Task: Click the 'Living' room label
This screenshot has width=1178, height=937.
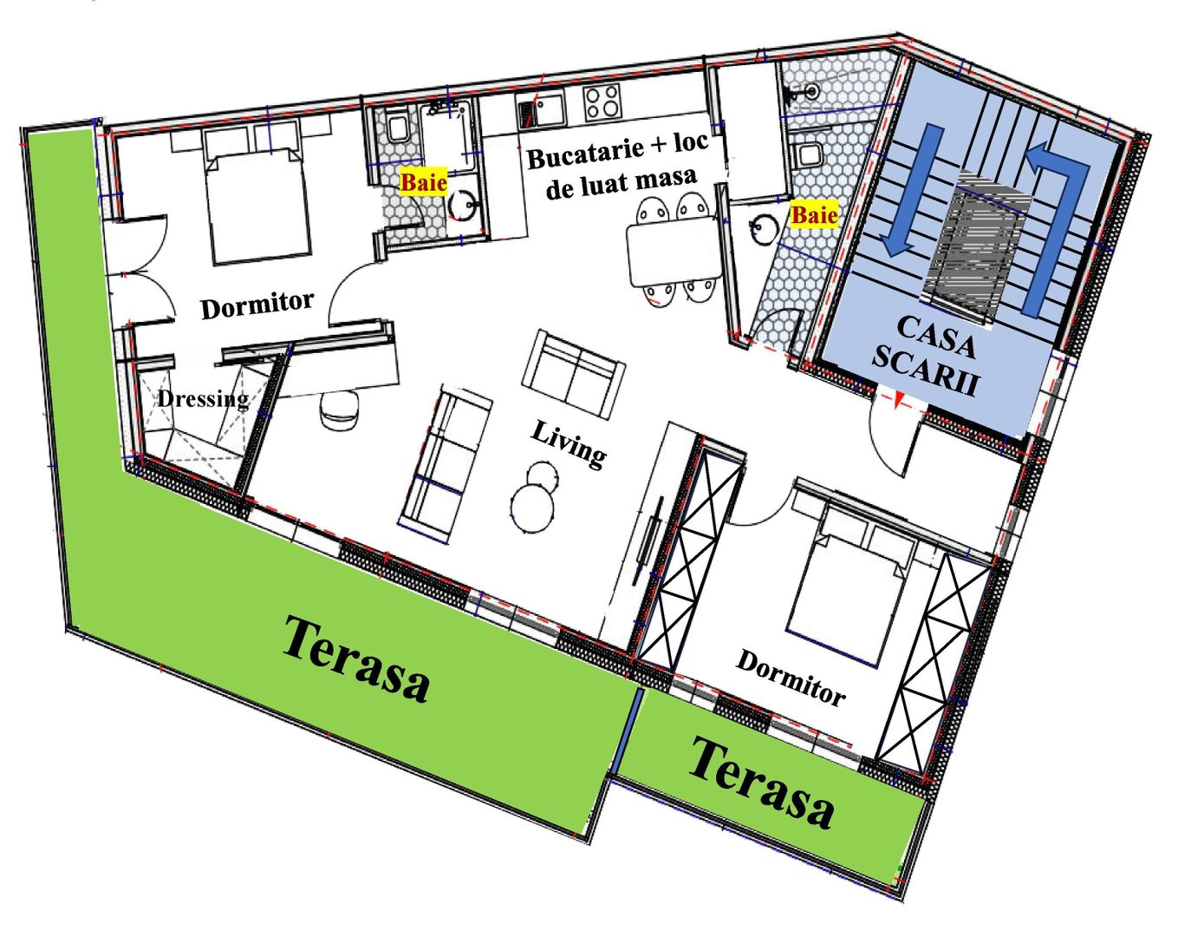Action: click(x=569, y=444)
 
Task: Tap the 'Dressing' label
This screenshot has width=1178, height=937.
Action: click(x=203, y=399)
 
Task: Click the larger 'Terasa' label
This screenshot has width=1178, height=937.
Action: click(x=356, y=659)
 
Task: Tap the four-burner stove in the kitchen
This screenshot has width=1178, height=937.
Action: click(x=602, y=102)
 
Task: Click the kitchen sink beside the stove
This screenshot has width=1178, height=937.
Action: click(x=541, y=109)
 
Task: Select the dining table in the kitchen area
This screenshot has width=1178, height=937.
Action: click(x=674, y=252)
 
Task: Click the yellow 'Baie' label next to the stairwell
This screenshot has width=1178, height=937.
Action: click(x=815, y=214)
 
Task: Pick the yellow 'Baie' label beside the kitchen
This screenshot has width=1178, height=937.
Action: click(x=423, y=182)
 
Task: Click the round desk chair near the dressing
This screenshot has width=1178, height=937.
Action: click(x=340, y=409)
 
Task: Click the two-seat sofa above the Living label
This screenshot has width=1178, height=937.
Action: click(x=573, y=374)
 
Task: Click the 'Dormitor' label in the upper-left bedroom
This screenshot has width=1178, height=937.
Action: click(x=257, y=305)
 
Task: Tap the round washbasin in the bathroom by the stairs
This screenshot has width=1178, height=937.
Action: click(x=765, y=228)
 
